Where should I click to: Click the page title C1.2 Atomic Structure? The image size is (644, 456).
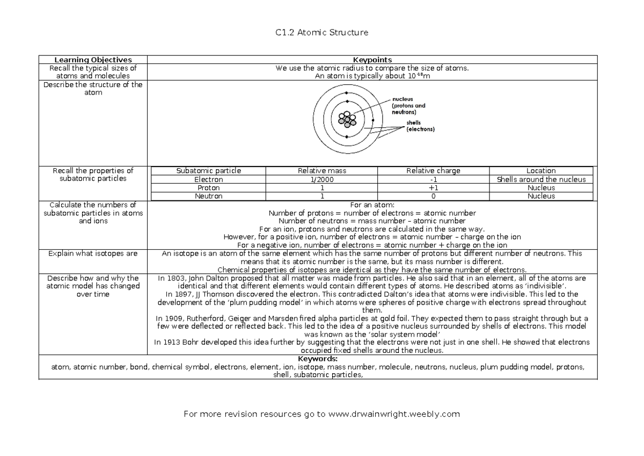(321, 33)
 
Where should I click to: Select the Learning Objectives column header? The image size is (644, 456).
(93, 60)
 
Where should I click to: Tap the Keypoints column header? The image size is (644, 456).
(371, 60)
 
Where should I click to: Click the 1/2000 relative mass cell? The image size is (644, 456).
(321, 179)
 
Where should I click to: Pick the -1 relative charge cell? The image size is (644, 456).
(433, 179)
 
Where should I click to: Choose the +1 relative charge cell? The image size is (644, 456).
(433, 188)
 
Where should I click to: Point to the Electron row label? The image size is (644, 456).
(209, 179)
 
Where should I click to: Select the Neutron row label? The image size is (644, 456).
(209, 196)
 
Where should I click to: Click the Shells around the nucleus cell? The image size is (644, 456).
(541, 179)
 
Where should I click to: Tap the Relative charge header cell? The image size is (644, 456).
(433, 171)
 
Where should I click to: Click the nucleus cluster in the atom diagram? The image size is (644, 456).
(348, 119)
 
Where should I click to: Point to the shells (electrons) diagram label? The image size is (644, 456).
(420, 126)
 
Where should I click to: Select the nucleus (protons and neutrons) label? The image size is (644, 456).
(408, 106)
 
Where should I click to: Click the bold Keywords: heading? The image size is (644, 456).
(317, 359)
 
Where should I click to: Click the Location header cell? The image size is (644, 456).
(541, 171)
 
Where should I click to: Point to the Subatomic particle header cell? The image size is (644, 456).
(209, 171)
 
